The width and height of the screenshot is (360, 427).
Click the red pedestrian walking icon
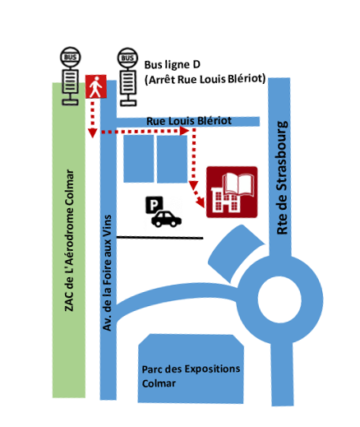point(96,86)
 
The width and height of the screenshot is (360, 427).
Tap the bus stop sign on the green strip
point(71,76)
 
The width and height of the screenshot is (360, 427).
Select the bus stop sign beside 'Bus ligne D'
point(127,77)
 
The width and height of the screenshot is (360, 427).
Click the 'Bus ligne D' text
point(173,65)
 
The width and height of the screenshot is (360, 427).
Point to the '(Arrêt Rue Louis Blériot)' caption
point(205,80)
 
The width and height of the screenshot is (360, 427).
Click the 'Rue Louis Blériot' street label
point(189,121)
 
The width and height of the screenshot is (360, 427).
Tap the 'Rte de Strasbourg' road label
point(282,178)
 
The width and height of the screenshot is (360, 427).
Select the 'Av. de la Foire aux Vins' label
point(107,273)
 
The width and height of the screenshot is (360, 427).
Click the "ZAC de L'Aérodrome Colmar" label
point(69,240)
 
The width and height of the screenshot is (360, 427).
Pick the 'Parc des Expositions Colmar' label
point(191,376)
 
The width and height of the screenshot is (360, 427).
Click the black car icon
point(166,219)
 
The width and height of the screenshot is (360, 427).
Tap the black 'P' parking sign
point(155,205)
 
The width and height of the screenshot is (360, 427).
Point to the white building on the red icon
point(226,200)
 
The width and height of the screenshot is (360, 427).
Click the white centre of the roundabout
point(279,299)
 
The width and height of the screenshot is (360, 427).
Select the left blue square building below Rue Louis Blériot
point(139,159)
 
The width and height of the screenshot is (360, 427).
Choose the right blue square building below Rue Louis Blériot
point(172,159)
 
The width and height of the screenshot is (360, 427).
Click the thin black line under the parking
point(160,238)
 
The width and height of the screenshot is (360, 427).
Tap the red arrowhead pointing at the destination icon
point(201,202)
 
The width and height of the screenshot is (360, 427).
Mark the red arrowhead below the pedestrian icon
point(93,133)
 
